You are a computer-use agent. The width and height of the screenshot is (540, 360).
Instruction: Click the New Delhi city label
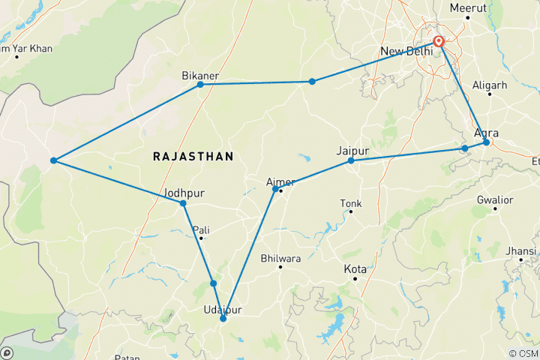pos(406,51)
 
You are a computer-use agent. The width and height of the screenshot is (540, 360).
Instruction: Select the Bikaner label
pos(199,76)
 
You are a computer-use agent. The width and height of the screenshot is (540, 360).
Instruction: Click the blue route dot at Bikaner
pos(200,84)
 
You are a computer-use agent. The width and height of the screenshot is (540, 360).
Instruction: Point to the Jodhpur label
pos(184,193)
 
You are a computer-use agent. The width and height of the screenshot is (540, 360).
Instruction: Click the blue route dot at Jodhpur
pos(183,203)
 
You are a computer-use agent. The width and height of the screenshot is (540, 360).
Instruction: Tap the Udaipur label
pos(223,310)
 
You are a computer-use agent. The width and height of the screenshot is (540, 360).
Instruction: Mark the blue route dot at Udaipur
pos(223,319)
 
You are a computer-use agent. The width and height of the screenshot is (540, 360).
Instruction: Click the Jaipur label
pos(354,151)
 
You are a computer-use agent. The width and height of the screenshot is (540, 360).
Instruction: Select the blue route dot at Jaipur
pos(351,160)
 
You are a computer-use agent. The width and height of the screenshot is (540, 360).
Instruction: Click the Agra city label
pos(486,133)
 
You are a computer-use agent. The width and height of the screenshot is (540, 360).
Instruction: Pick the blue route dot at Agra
pos(486,142)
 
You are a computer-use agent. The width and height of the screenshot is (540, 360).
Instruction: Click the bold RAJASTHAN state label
pos(193,156)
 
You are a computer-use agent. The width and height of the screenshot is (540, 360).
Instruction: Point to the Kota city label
pos(355,269)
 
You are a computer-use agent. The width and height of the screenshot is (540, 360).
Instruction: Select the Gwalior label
pos(495,200)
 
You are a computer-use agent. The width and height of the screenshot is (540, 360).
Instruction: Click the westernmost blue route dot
pos(53,160)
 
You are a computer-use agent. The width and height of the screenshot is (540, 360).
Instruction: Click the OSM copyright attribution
pos(517,353)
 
